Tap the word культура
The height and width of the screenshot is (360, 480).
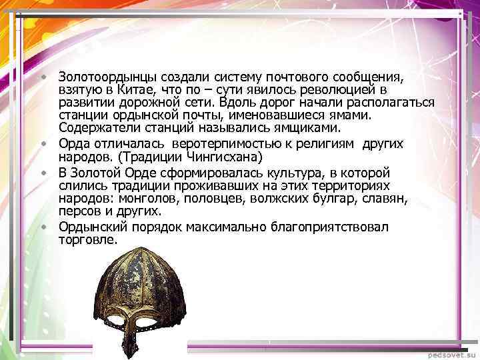coord(321,172)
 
